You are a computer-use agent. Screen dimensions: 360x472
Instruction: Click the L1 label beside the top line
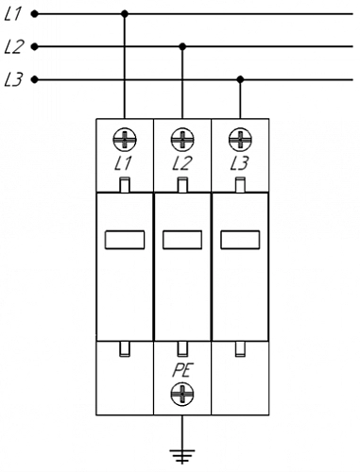[12, 14]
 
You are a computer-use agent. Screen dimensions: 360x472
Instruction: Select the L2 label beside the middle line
[13, 47]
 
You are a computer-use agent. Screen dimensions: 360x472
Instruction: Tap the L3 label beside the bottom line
[13, 79]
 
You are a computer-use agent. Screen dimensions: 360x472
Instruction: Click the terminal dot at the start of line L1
[35, 14]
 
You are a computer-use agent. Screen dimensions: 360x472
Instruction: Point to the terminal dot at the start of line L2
[35, 47]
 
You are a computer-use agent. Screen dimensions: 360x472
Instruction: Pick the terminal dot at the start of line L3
[35, 79]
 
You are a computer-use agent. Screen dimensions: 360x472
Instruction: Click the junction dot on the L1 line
[125, 14]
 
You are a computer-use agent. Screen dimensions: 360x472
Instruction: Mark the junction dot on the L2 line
[182, 47]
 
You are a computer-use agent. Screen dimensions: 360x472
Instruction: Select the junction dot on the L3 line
[240, 79]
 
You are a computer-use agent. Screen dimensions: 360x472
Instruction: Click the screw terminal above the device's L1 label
[125, 140]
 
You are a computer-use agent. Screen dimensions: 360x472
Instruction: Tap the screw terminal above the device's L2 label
[182, 140]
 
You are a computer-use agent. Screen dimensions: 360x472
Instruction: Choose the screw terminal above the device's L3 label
[240, 140]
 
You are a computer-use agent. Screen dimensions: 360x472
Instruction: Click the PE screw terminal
[182, 395]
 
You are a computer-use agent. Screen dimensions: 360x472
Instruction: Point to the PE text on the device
[182, 370]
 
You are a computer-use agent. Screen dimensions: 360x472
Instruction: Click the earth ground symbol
[182, 456]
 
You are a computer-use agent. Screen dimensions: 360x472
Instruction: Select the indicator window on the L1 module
[125, 240]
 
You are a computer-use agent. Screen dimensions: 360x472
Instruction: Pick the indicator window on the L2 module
[182, 240]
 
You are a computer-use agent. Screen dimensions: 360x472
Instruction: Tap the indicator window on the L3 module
[240, 240]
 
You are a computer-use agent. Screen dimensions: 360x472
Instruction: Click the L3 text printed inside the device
[240, 163]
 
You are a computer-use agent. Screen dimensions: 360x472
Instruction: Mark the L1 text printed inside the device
[123, 163]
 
